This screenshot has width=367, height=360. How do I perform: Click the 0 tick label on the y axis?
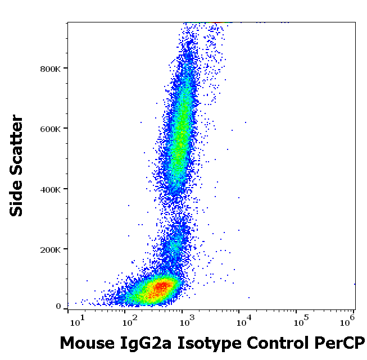pos(58,307)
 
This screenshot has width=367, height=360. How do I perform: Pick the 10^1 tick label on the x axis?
pos(77,321)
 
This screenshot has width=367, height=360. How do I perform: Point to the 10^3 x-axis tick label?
pos(186,321)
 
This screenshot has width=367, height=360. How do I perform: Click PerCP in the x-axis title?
pos(341,343)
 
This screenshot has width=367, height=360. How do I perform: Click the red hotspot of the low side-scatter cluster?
pos(161,286)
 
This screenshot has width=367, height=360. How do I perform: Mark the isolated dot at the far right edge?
pos(355,284)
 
